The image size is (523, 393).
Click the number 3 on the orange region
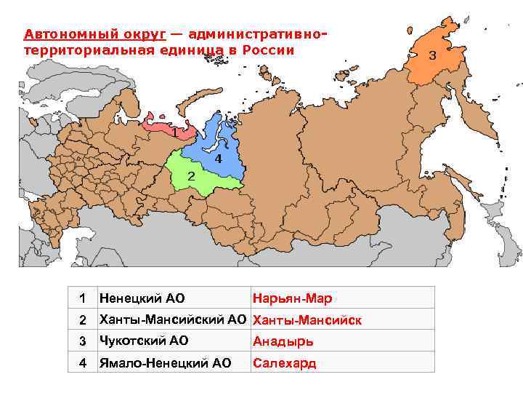coord(432,55)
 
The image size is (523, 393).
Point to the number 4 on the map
coord(218,158)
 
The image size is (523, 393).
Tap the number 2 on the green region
coord(191,176)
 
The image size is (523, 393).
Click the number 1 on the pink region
coord(174,133)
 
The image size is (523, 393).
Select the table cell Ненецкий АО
coord(142,298)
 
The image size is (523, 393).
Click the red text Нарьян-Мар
coord(291,298)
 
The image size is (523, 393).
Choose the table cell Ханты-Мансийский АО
coord(173,319)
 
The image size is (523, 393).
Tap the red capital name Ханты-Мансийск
coord(307,320)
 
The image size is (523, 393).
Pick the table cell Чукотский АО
coord(144,341)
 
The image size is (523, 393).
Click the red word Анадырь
coord(283,341)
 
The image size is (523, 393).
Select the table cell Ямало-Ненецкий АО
coord(165,362)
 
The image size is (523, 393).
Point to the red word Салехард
coord(285,363)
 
